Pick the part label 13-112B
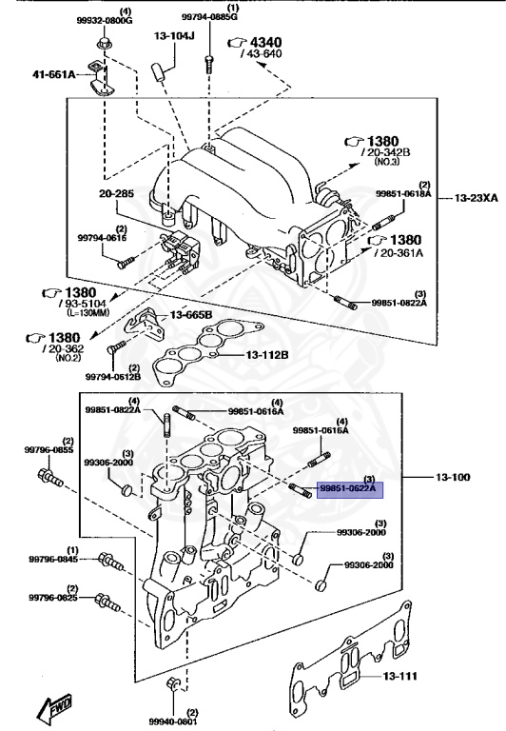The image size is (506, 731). point(268,355)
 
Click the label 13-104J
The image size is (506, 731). point(174,36)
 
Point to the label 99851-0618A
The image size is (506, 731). point(402,194)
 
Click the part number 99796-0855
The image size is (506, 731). point(51,449)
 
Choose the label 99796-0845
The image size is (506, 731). point(52,561)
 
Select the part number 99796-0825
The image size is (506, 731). point(52,598)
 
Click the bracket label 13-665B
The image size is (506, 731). point(191,315)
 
